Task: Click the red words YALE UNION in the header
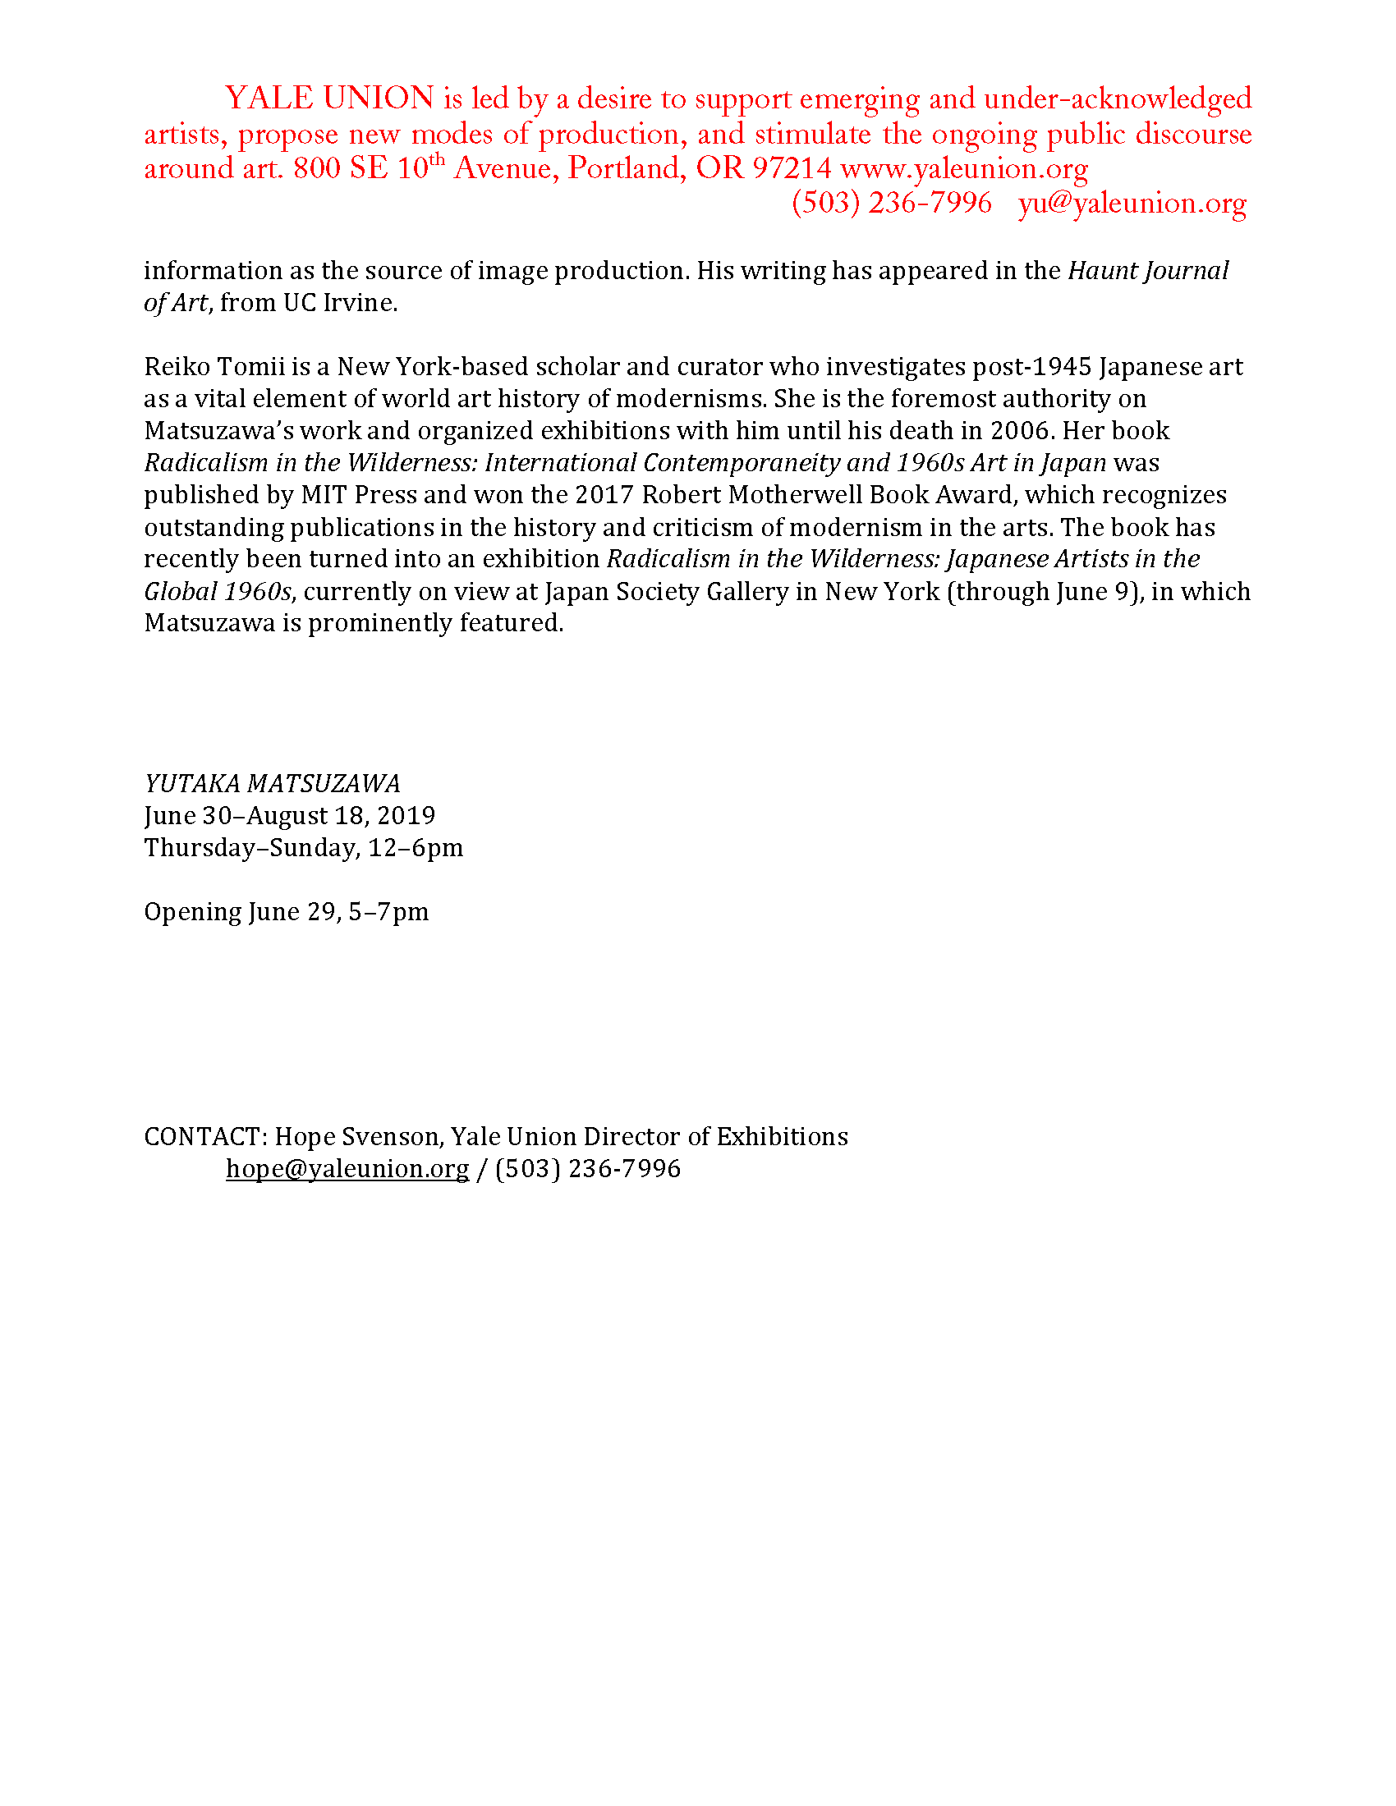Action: click(329, 99)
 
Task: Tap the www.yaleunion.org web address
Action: click(963, 168)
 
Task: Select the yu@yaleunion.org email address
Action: click(1132, 204)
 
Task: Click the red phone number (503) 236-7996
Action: click(892, 204)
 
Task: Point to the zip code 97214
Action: click(792, 168)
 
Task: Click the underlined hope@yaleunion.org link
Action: click(347, 1168)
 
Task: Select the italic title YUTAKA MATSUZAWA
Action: click(272, 783)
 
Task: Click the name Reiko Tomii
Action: click(214, 366)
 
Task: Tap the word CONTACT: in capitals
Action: click(206, 1137)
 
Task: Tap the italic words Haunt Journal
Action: click(1148, 271)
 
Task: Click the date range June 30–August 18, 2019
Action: click(289, 815)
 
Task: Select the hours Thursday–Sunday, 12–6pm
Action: click(304, 848)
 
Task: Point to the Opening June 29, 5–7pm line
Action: click(286, 911)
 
